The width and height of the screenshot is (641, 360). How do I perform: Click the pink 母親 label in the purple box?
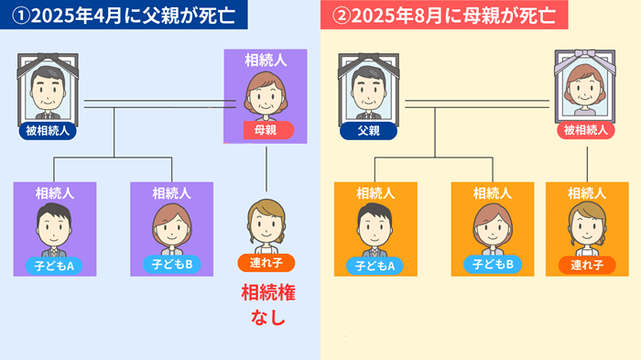[267, 130]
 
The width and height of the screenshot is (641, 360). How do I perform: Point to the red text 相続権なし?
[267, 306]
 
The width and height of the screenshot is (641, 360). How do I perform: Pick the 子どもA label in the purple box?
[55, 266]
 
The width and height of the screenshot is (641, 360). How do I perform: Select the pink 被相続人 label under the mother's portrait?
[586, 131]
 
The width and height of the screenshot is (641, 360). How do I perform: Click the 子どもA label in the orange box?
[375, 266]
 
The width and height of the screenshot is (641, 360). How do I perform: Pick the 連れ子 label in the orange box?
[586, 266]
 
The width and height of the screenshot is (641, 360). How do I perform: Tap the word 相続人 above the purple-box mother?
[267, 60]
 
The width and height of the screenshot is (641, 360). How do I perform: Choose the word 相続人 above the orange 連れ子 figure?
[586, 193]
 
